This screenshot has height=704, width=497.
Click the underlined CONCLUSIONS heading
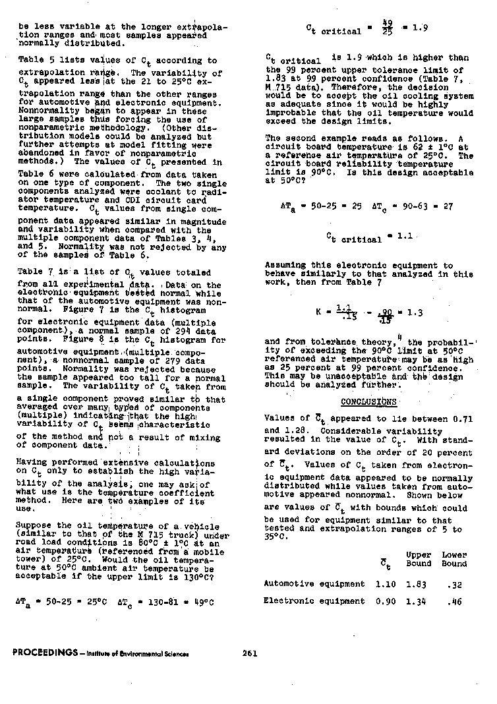[368, 401]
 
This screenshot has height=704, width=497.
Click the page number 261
[249, 653]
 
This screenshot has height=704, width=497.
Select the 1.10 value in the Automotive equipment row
[385, 583]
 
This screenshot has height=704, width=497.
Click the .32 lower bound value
[453, 583]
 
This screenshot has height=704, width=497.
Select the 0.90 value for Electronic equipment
[385, 601]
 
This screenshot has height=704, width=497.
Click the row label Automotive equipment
[314, 583]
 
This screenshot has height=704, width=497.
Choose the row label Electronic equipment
[314, 601]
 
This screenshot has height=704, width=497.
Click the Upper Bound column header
[419, 559]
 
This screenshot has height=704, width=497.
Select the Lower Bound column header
[454, 559]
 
